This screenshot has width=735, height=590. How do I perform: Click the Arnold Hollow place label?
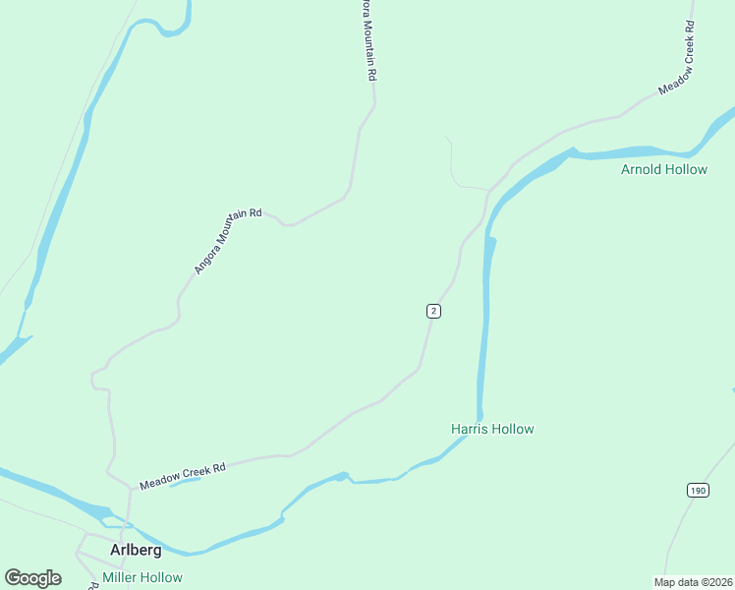click(x=663, y=169)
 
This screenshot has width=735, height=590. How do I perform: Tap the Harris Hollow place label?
click(x=492, y=429)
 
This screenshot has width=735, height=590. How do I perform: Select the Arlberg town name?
click(x=136, y=550)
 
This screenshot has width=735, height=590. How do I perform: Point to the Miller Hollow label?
click(x=142, y=577)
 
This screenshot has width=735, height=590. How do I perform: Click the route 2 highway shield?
click(x=433, y=311)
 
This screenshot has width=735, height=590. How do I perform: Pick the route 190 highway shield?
click(x=697, y=490)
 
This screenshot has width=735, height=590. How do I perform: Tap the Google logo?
click(x=32, y=577)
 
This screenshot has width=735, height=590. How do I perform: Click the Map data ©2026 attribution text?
click(x=692, y=581)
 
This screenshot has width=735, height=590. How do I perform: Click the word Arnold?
click(x=642, y=169)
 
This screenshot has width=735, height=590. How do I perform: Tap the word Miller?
click(x=122, y=577)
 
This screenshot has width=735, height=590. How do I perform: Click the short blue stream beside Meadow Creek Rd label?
click(x=182, y=483)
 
